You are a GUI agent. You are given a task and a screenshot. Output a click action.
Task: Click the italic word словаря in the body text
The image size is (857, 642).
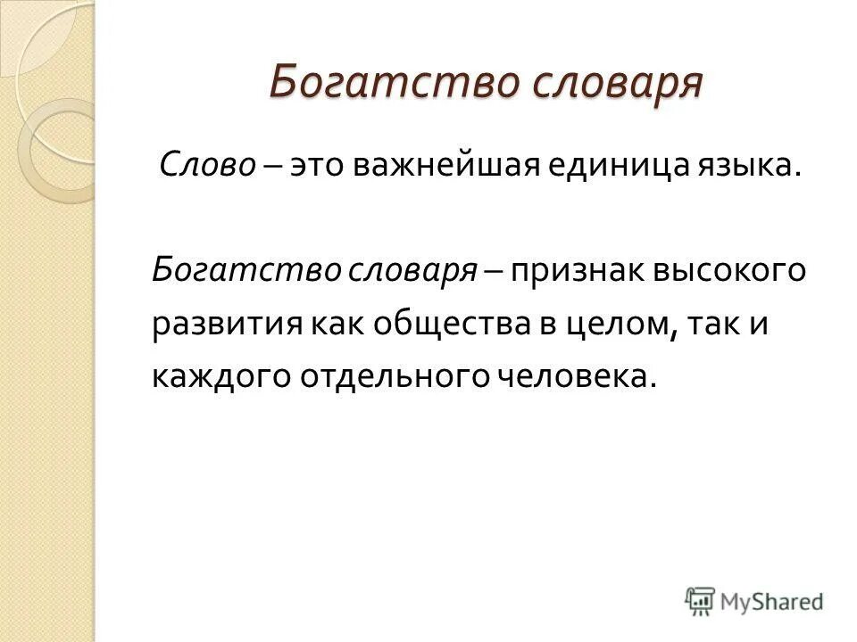pos(392,270)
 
